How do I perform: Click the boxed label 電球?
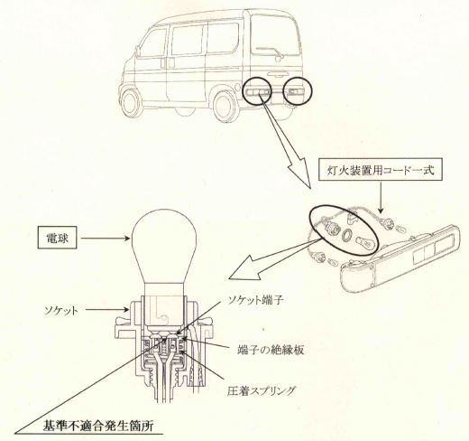57,239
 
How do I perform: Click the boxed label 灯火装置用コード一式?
381,171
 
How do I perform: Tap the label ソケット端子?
254,300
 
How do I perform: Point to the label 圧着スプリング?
262,391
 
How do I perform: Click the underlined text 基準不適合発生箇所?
98,426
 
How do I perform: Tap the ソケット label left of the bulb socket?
61,310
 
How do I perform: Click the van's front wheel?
131,101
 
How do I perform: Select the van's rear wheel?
224,106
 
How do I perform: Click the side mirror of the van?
138,52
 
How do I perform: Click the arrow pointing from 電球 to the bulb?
106,239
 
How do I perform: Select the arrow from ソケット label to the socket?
107,309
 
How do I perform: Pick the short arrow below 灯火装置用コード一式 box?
381,197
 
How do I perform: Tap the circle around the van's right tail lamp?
298,91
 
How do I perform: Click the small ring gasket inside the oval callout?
346,235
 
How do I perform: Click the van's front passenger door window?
152,43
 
